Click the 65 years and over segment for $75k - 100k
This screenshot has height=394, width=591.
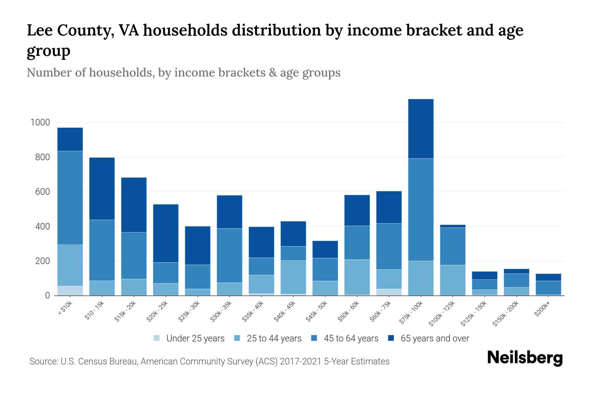pos(421,129)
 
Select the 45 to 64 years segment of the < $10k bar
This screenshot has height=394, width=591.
pos(70,198)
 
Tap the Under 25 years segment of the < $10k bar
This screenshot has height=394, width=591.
pos(70,291)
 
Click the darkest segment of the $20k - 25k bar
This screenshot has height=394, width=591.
pos(166,233)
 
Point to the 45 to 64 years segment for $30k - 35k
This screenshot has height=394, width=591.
pos(230,255)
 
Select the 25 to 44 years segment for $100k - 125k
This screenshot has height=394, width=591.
pos(452,280)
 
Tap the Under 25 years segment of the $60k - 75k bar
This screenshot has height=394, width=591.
pos(389,292)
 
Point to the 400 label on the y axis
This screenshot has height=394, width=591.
pos(42,227)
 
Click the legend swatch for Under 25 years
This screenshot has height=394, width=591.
pos(157,338)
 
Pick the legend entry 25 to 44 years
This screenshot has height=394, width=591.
pos(274,339)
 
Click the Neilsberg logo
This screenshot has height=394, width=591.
pos(525,358)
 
